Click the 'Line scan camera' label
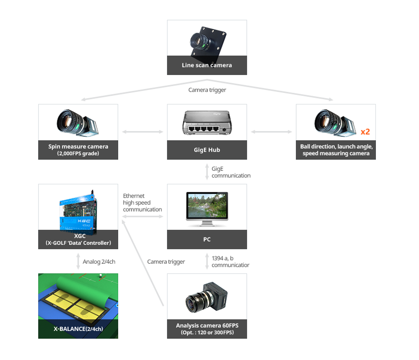click(x=207, y=65)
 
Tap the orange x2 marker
click(x=365, y=132)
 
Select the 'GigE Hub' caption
click(x=207, y=150)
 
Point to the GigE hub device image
click(x=207, y=123)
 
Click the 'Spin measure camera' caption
click(x=78, y=147)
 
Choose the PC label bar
click(x=207, y=239)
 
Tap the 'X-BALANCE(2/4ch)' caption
click(x=78, y=329)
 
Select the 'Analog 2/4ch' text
click(x=99, y=262)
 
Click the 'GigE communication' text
click(x=230, y=172)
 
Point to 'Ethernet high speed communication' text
click(x=142, y=203)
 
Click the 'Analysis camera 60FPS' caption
click(x=207, y=326)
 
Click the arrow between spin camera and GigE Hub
click(x=142, y=132)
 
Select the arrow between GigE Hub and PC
click(x=207, y=172)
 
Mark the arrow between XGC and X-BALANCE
click(x=78, y=261)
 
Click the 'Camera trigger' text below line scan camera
click(x=207, y=90)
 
